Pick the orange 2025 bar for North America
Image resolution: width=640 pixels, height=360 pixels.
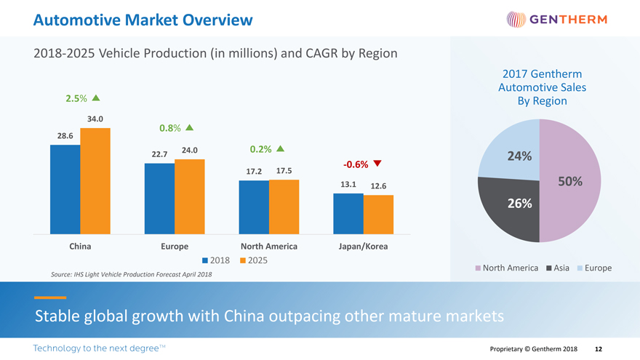(x=284, y=207)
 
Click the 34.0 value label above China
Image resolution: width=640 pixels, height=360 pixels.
(x=95, y=119)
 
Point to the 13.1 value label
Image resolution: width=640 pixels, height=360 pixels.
(x=347, y=184)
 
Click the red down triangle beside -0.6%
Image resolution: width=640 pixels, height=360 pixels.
(x=377, y=162)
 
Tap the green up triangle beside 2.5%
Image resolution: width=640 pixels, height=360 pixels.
(x=96, y=98)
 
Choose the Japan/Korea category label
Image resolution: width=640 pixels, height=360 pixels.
(x=363, y=247)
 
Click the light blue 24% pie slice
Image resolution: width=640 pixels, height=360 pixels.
(x=513, y=149)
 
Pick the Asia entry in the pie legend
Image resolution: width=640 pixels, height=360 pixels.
(x=561, y=268)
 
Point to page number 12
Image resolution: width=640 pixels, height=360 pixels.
(x=599, y=349)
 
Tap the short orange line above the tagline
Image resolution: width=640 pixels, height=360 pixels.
(x=50, y=297)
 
